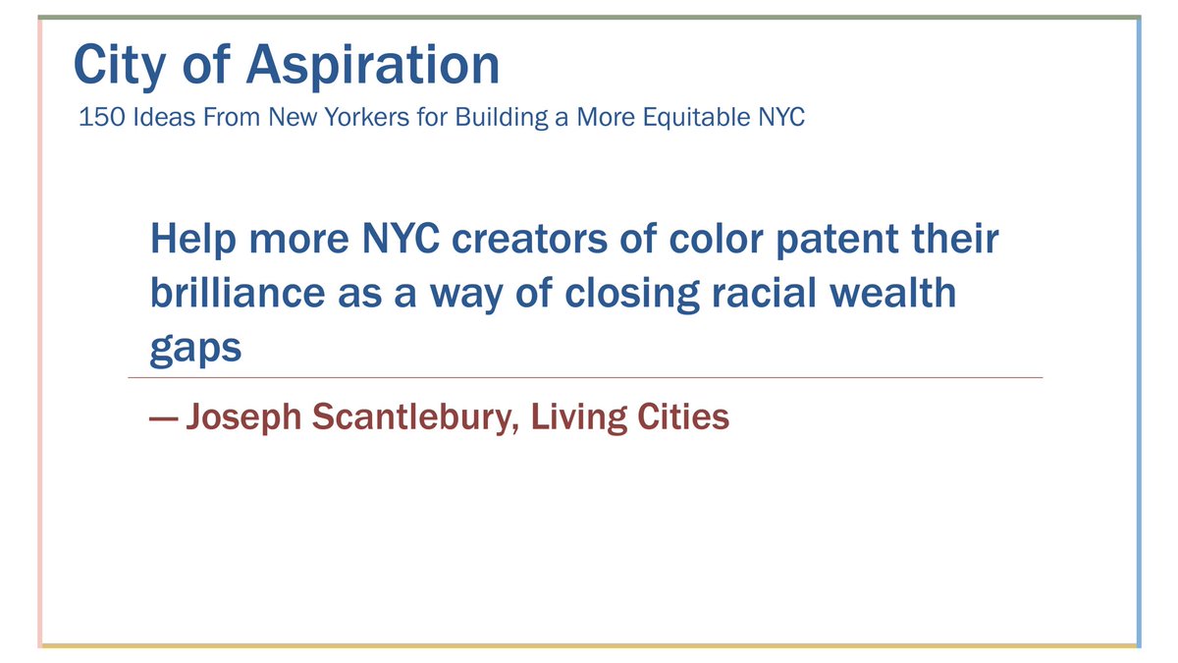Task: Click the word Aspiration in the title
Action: (373, 67)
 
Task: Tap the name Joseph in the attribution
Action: (243, 417)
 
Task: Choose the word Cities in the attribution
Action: (683, 417)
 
